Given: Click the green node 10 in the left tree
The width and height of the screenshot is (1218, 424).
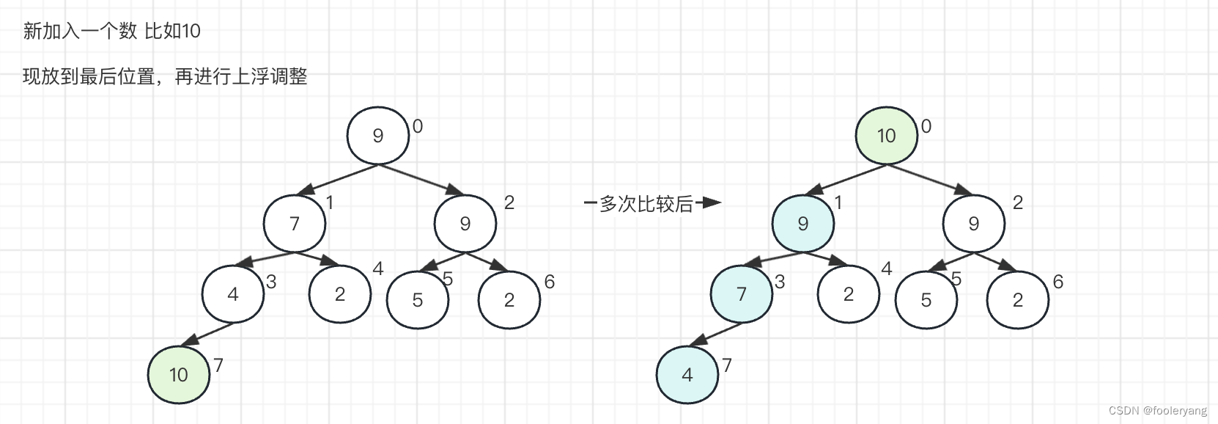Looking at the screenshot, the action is (x=179, y=375).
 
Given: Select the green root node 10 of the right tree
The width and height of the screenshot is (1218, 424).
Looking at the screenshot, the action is (x=887, y=136).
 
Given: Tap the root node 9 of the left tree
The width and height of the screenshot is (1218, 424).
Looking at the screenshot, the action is (x=378, y=136).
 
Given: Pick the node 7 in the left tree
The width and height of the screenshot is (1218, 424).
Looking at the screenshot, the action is (x=295, y=224).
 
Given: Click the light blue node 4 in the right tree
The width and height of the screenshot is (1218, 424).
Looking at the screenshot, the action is (x=687, y=375).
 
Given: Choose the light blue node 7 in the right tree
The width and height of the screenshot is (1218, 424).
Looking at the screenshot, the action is (x=742, y=294).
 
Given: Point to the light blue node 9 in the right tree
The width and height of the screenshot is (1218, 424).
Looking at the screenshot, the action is (x=803, y=224).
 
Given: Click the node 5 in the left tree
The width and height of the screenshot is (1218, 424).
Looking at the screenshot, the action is (x=418, y=300).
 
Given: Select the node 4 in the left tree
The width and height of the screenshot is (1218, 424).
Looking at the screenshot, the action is (x=233, y=294).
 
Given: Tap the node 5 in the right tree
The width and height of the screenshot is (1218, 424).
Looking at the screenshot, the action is (x=926, y=300).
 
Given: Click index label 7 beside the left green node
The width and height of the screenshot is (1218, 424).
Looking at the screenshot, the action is (x=218, y=365).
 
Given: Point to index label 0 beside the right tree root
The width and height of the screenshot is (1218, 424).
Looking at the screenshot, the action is (x=926, y=127).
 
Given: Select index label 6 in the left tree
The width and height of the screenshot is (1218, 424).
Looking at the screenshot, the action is (x=549, y=282).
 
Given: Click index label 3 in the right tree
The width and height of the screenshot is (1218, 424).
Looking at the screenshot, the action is (x=780, y=282).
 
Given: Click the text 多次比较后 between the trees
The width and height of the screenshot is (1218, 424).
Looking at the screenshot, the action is (x=646, y=204).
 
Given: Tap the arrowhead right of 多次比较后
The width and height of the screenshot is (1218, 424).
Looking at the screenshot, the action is (x=712, y=202).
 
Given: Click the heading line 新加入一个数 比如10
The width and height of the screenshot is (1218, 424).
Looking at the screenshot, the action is (x=111, y=31).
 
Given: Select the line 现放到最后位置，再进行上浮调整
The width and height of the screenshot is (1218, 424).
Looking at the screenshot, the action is (x=165, y=76).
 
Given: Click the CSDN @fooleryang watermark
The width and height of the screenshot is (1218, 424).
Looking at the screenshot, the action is (x=1157, y=411).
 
